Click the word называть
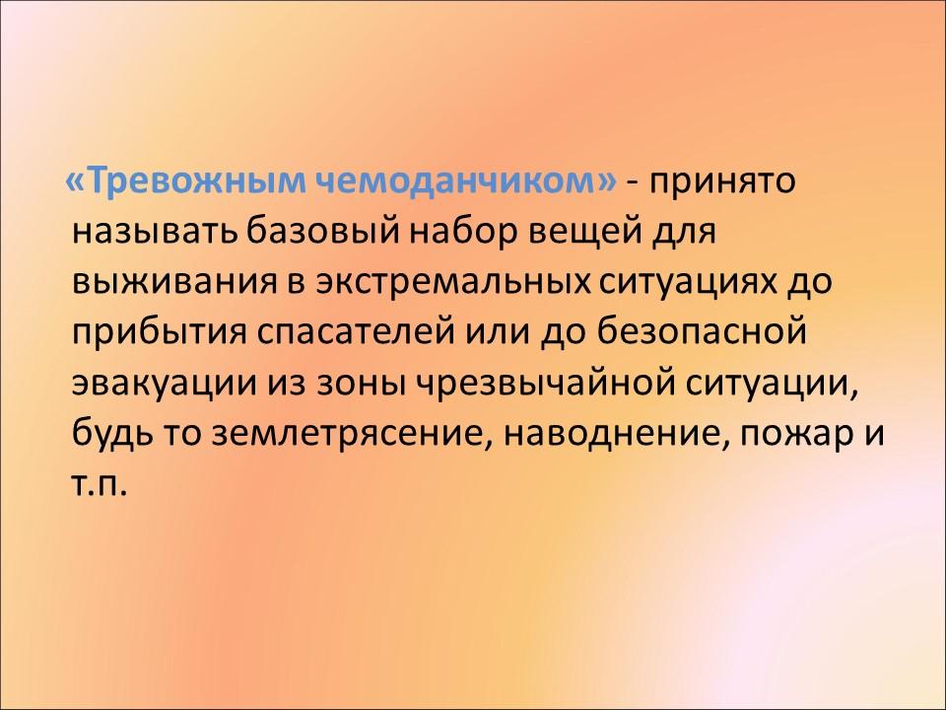click(x=155, y=233)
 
